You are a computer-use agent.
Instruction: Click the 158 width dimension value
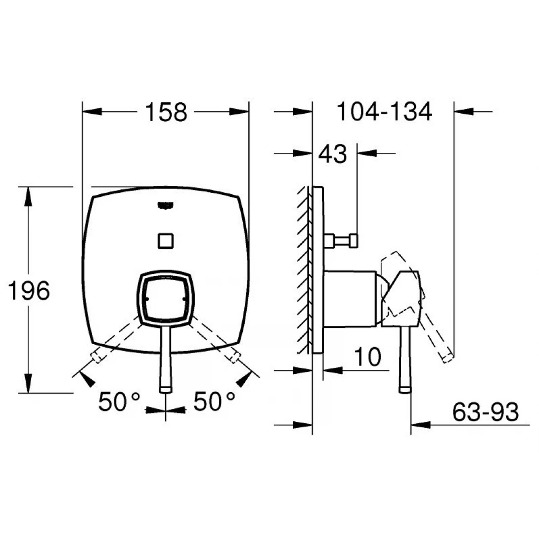pos(166,113)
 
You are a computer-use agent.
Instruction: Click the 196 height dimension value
pos(29,291)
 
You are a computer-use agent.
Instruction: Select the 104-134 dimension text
pos(384,112)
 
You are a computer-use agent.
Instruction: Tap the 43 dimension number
pos(332,155)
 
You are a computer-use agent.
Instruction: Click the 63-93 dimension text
pos(485,412)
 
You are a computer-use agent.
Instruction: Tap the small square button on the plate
pos(165,241)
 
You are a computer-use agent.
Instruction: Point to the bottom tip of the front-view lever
pos(166,390)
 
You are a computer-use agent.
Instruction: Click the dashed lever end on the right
pos(234,357)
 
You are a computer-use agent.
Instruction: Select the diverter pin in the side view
pos(342,241)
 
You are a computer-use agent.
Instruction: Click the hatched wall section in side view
pos(303,269)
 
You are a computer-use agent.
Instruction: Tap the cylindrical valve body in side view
pos(351,298)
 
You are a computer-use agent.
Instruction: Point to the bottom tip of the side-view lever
pos(405,390)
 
